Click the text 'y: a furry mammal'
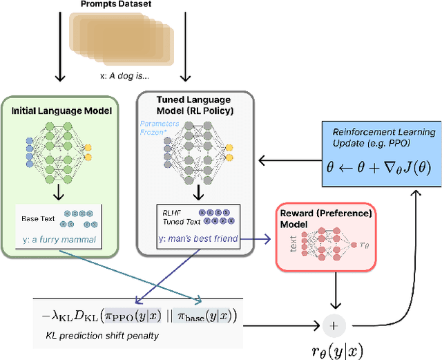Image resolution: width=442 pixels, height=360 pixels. point(61,240)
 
